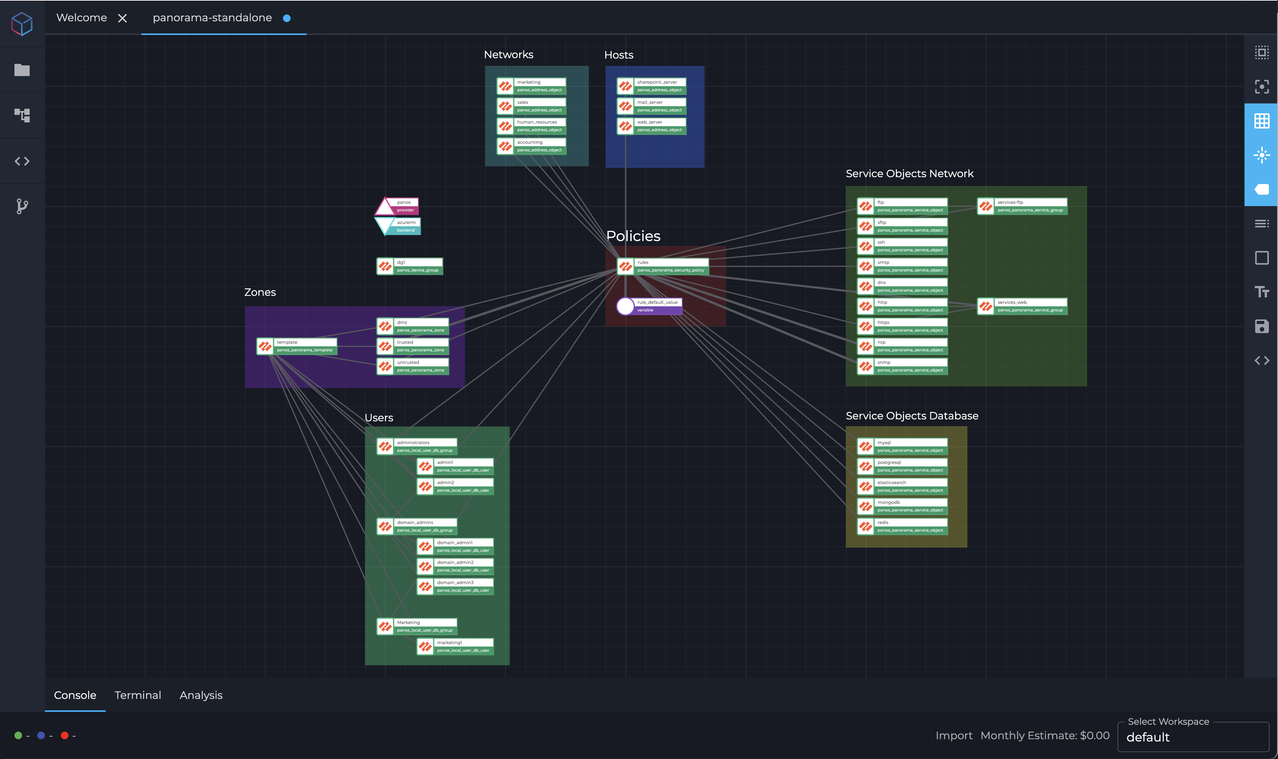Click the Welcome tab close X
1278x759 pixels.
(122, 18)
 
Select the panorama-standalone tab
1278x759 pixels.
(212, 18)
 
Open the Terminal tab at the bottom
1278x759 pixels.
(138, 695)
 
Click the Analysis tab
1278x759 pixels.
(201, 695)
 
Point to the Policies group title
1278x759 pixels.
(633, 236)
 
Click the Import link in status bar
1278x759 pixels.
(953, 735)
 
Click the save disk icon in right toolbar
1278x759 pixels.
(1261, 326)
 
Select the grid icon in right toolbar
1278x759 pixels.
(1261, 121)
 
